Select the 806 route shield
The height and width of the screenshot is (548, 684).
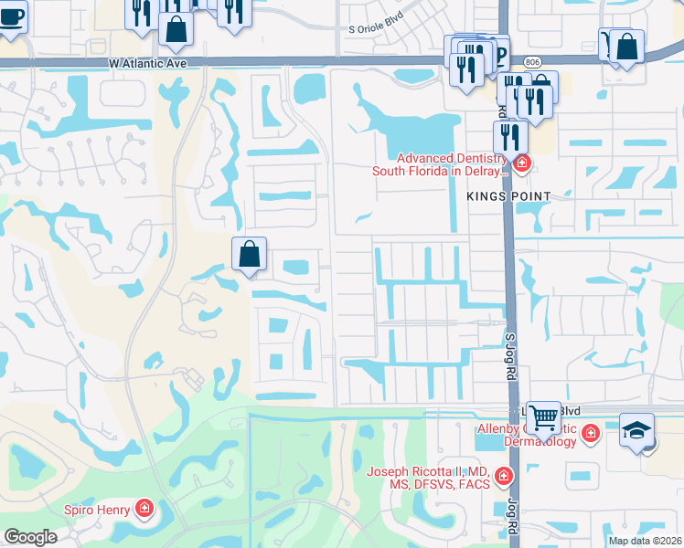point(532,60)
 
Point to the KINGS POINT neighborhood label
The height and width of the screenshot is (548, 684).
point(508,196)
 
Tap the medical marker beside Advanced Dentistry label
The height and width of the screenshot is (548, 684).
point(521,164)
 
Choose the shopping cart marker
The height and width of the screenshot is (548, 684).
point(544,418)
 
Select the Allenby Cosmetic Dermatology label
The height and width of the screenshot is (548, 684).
point(527,435)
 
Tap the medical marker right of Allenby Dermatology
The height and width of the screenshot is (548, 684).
point(591,432)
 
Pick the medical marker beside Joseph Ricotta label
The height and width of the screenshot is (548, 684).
point(502,476)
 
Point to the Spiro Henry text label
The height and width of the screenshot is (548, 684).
point(97,509)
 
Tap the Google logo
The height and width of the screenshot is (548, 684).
point(30,537)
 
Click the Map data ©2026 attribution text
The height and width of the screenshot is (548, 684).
point(645,541)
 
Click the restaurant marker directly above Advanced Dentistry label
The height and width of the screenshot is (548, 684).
point(509,137)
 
